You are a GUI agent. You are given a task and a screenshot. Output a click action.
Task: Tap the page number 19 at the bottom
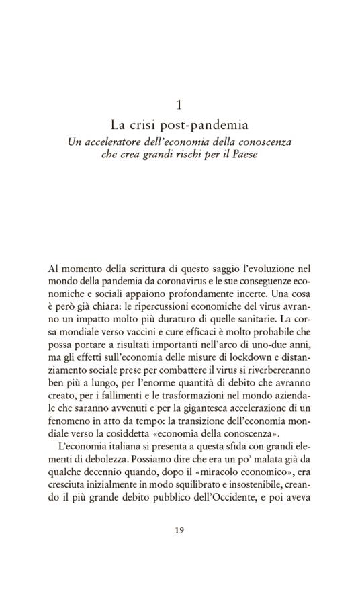pos(179,529)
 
